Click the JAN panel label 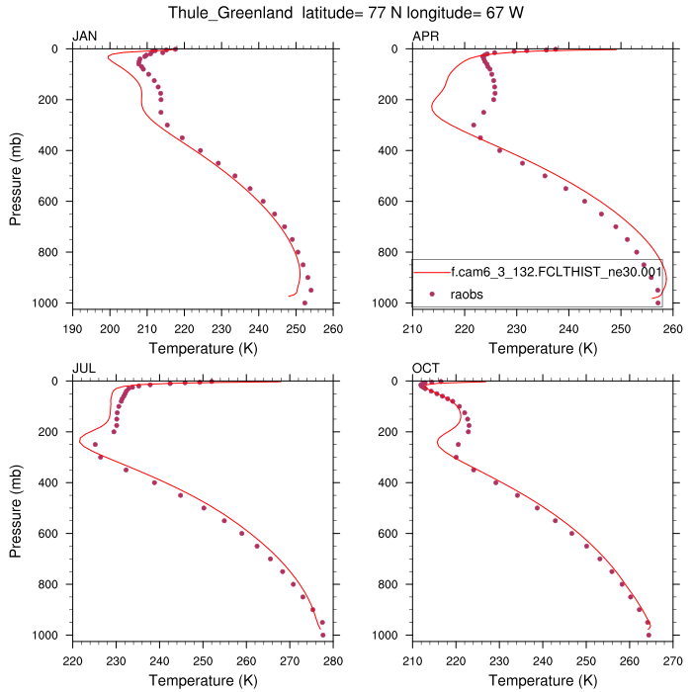(x=85, y=37)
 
